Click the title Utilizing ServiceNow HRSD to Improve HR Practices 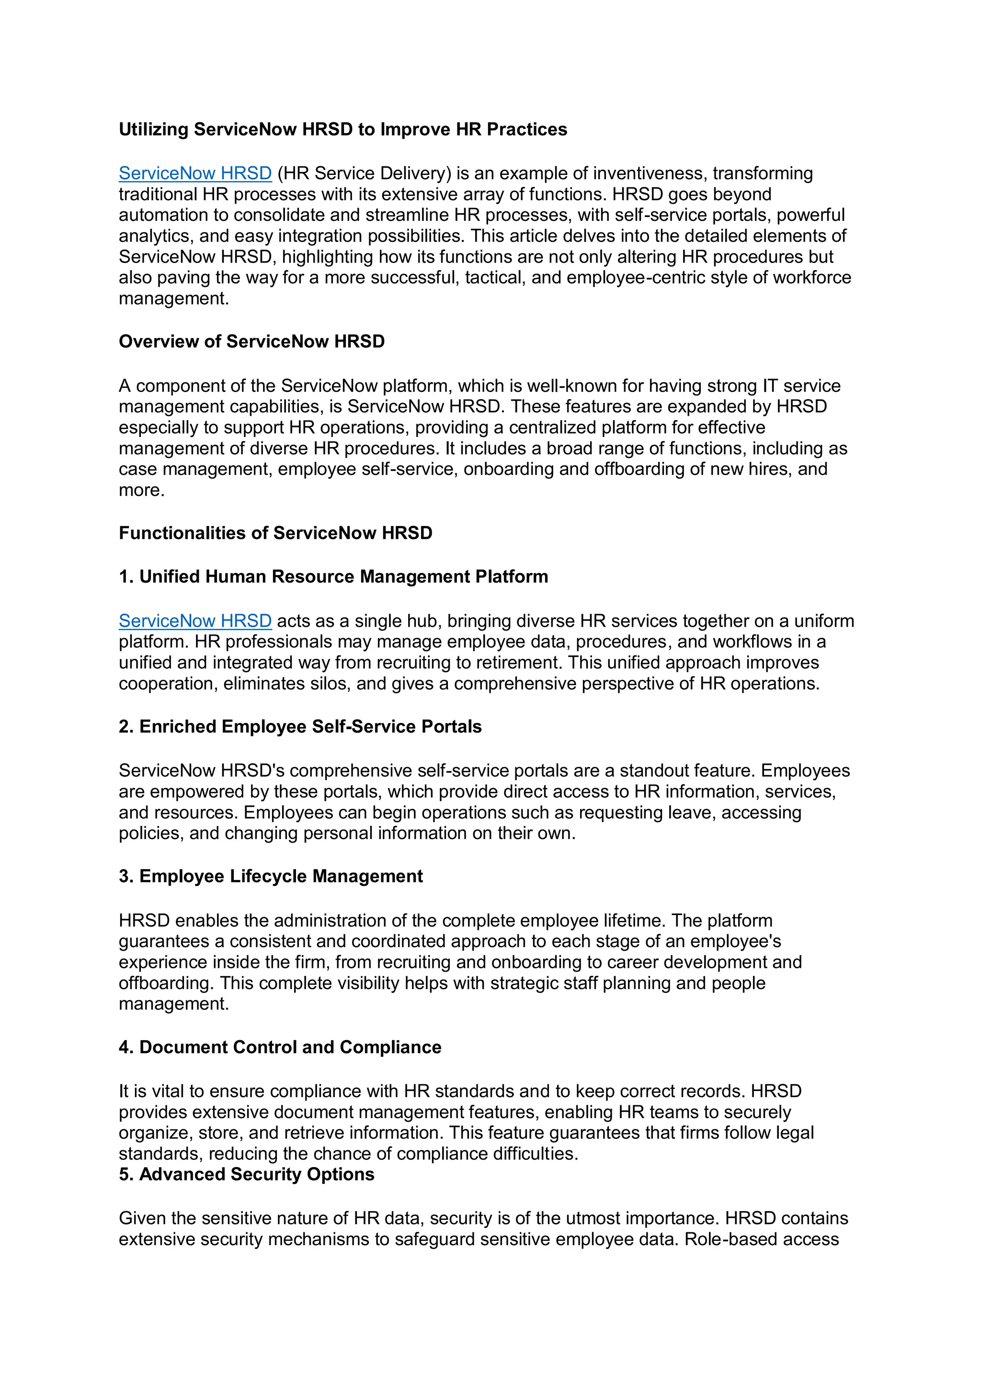(342, 129)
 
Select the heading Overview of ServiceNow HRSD (251, 342)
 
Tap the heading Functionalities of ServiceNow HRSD (275, 533)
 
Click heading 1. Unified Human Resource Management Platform (333, 577)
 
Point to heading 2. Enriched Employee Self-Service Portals (300, 727)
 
